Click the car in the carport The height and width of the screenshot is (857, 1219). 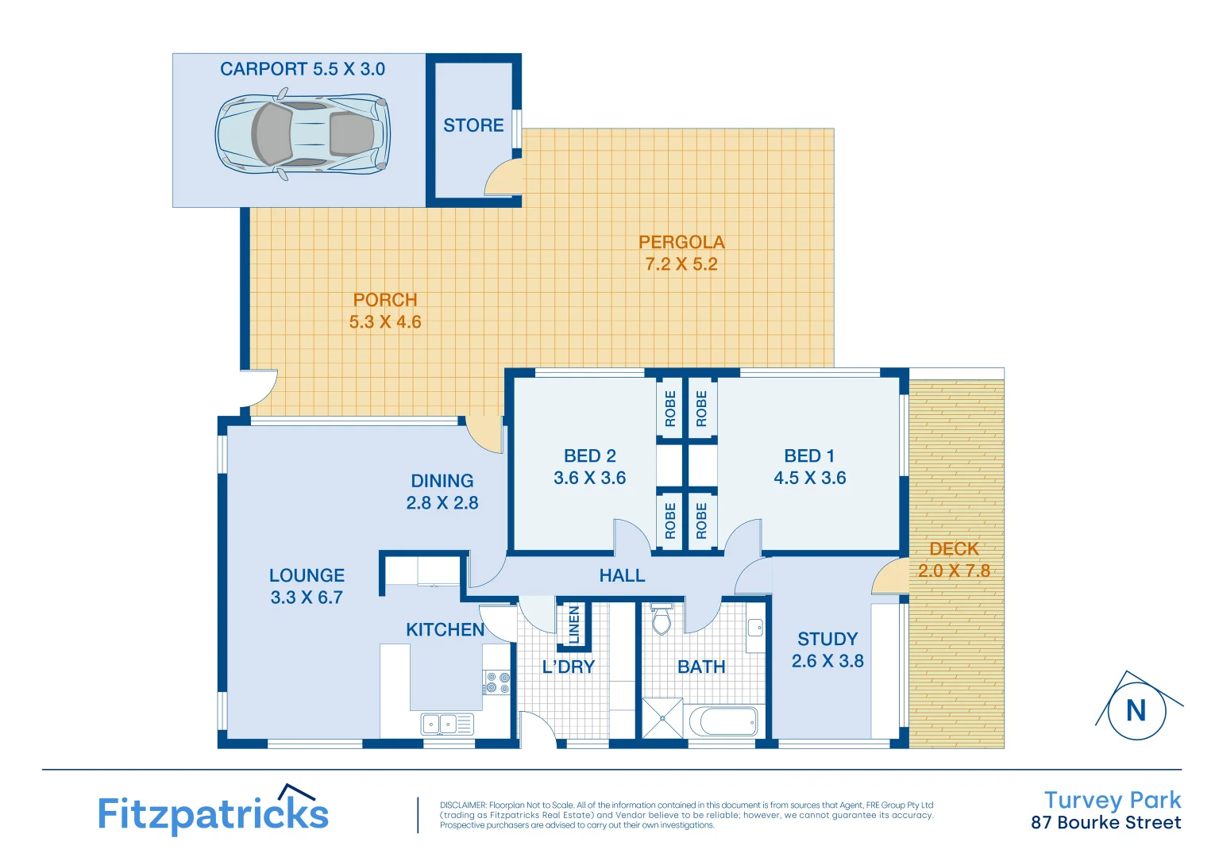point(303,134)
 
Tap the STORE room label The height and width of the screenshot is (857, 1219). point(473,125)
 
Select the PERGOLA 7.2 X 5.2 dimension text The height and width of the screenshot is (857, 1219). point(681,264)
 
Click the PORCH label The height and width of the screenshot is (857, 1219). point(385,300)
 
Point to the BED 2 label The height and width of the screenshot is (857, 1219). point(589,456)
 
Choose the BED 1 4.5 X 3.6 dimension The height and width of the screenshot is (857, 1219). point(810,478)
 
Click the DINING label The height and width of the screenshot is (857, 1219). point(442,481)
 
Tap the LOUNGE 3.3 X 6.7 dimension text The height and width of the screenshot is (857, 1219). point(307,598)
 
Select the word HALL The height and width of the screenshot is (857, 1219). point(622,575)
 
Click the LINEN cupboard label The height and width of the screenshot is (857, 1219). point(574,624)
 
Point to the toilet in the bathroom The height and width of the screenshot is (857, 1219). point(662,618)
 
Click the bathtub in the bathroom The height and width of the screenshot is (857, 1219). point(723,722)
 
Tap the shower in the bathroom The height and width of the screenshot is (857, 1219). point(662,718)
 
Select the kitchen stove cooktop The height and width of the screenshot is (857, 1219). point(497,682)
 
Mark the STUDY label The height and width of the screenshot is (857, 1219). point(827,640)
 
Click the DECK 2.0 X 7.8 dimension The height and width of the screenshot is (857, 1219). point(954,571)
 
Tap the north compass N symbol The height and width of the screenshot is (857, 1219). point(1136,710)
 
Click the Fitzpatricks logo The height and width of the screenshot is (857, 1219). point(213,812)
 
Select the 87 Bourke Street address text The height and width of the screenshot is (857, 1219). point(1105,823)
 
